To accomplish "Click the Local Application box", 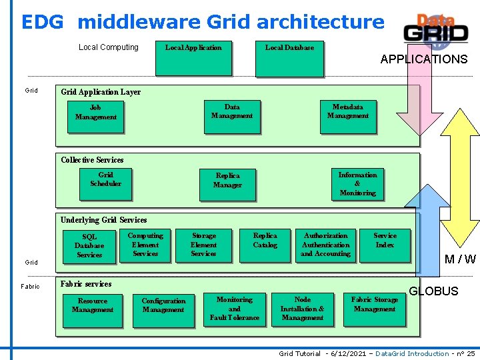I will [193, 58].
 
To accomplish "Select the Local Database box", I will [289, 58].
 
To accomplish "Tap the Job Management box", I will [95, 116].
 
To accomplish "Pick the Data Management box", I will [232, 115].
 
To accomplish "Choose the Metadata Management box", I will [347, 115].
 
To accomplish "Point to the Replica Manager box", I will [227, 184].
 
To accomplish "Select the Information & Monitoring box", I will [357, 183].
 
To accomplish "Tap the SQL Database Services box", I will [89, 245].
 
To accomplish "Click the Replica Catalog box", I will [265, 245].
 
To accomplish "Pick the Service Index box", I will [385, 245].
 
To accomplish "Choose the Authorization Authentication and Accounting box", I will [325, 245].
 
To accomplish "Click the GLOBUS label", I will [433, 291].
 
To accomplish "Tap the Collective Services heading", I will [92, 160].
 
